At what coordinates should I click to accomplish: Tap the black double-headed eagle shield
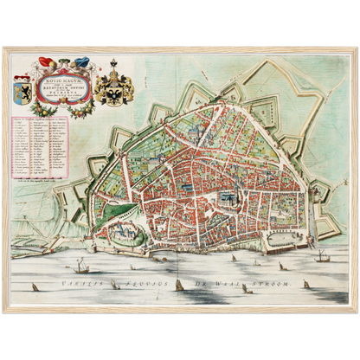point(113,92)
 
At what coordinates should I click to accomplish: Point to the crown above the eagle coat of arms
point(113,66)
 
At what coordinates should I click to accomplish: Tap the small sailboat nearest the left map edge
point(35,286)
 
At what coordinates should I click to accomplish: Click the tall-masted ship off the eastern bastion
point(321,255)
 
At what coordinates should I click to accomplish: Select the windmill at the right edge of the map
point(341,214)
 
